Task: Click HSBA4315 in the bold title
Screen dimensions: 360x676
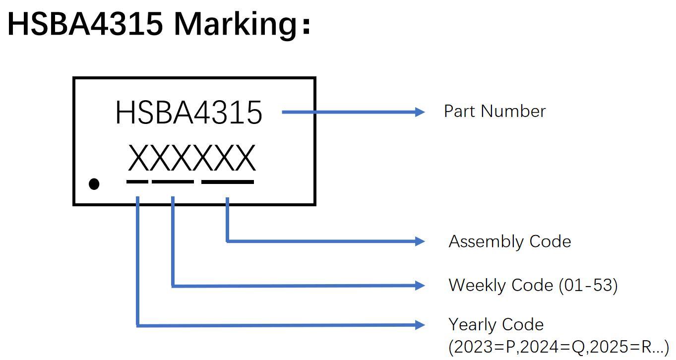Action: [85, 23]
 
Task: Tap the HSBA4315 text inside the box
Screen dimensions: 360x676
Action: [188, 113]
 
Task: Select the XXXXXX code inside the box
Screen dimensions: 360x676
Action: [191, 158]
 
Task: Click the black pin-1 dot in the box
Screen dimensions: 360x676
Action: [94, 184]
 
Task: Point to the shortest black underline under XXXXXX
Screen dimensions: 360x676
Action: [137, 181]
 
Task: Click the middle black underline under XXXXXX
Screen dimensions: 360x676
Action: [173, 181]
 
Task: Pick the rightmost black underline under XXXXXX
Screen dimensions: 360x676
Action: [228, 181]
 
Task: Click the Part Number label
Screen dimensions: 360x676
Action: [494, 111]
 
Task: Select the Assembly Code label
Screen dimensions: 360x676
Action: [509, 241]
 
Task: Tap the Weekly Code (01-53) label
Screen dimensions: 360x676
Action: [533, 285]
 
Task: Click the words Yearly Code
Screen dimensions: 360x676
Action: [496, 324]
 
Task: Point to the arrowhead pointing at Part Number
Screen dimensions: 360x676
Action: [419, 112]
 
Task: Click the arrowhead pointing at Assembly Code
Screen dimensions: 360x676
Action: [419, 241]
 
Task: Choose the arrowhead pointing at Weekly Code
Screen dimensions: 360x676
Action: [419, 285]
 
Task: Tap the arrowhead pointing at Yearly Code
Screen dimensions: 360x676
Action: [419, 325]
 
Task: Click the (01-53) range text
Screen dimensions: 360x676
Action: [588, 285]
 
